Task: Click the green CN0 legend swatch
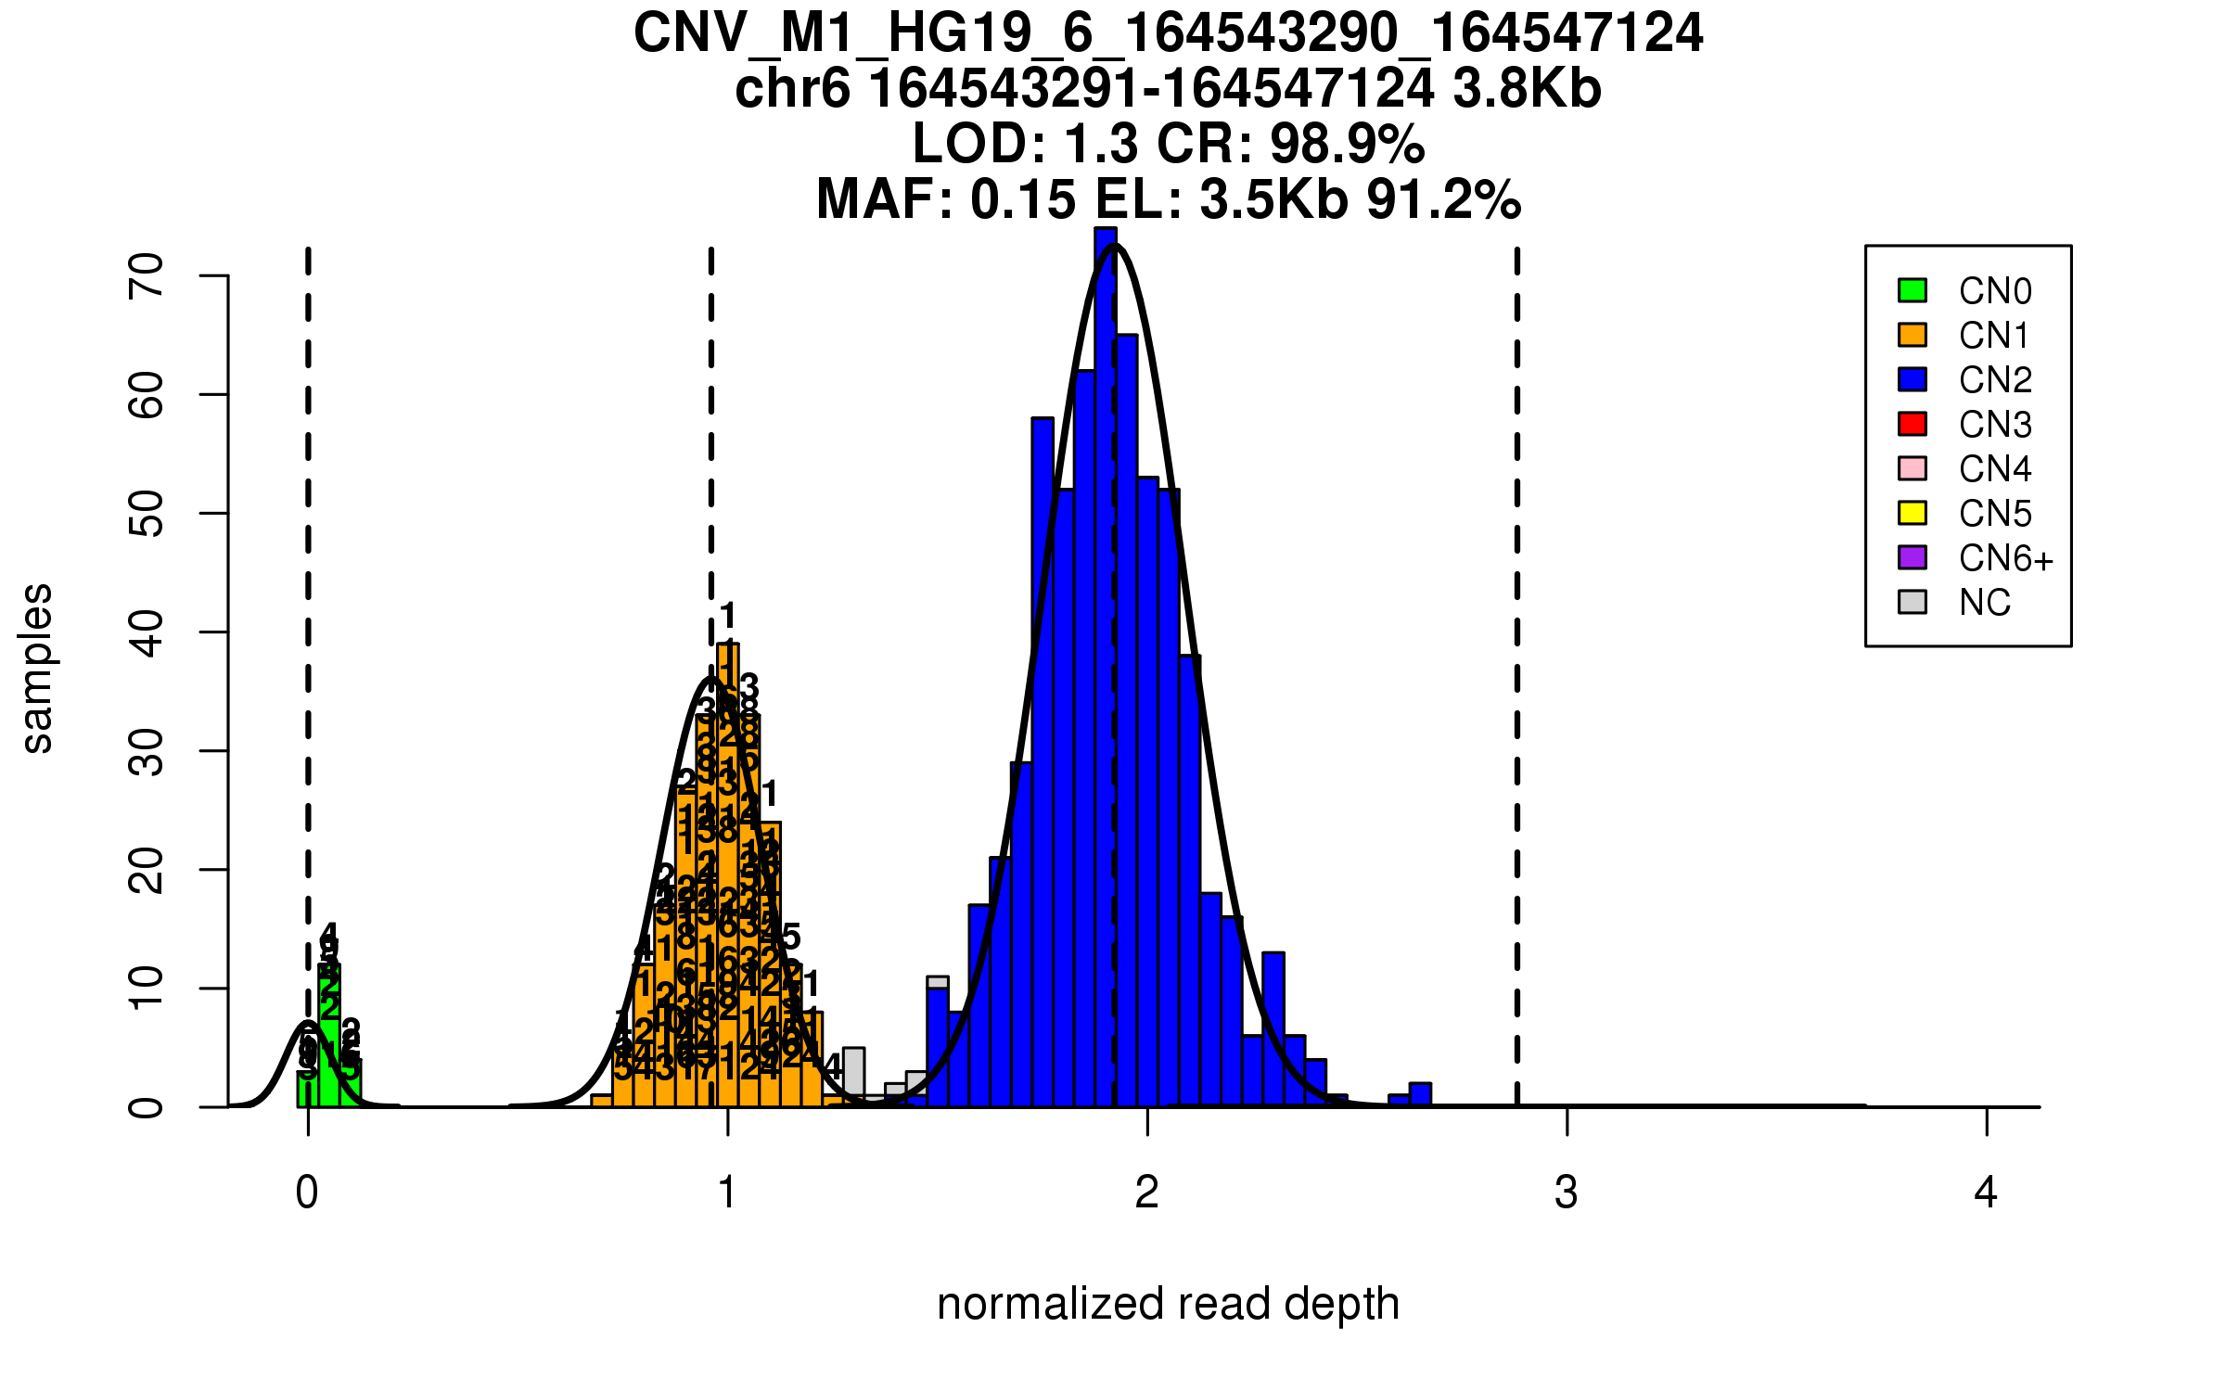(1913, 290)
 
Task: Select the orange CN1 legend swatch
(1913, 335)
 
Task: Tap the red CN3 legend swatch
(1913, 424)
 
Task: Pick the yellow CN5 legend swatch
(1913, 513)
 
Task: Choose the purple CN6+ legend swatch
(1913, 557)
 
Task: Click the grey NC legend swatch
(1913, 602)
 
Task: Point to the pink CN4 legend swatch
(1913, 468)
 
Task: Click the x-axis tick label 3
(1567, 1193)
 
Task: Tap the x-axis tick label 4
(1986, 1193)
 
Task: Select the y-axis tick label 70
(147, 275)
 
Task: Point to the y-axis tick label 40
(147, 632)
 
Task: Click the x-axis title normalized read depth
(1168, 1304)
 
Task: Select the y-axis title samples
(37, 668)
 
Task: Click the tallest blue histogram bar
(1106, 668)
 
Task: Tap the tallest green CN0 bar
(329, 1039)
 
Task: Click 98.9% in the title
(1347, 145)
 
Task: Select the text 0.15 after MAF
(1024, 199)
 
